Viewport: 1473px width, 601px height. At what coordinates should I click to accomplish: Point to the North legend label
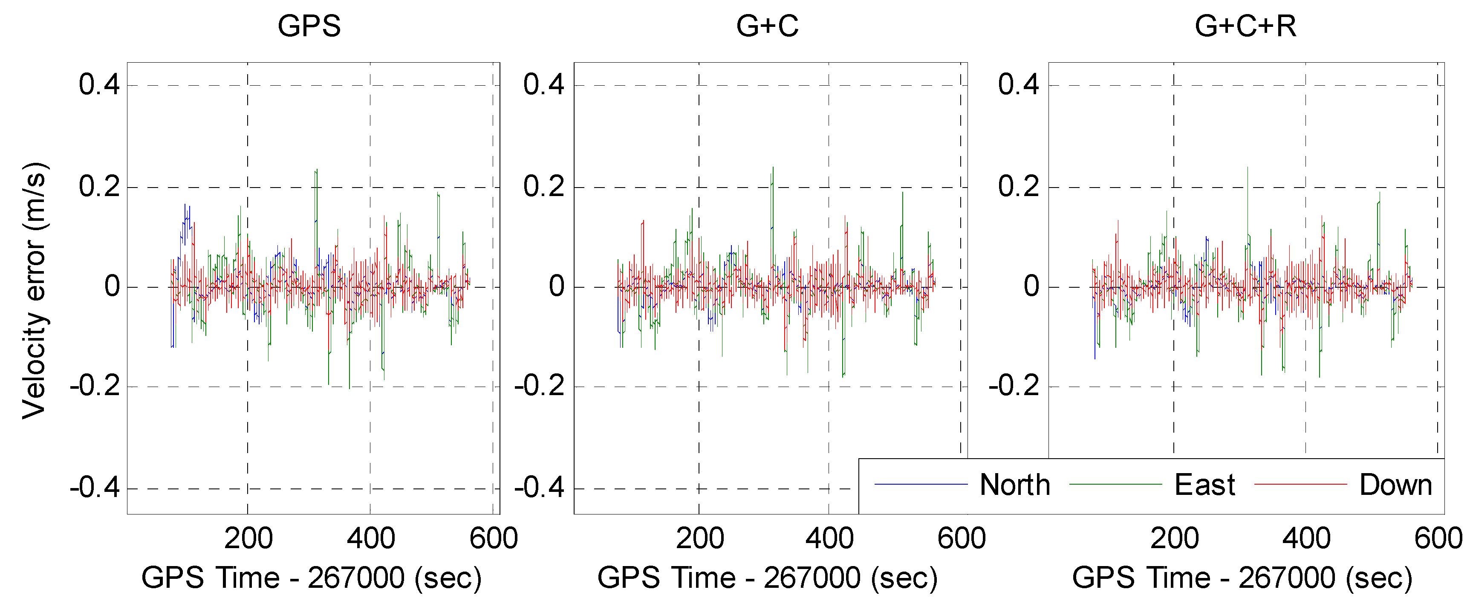coord(1014,485)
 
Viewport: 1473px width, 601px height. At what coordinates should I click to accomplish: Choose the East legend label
coord(1204,485)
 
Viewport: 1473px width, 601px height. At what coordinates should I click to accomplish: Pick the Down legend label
coord(1395,485)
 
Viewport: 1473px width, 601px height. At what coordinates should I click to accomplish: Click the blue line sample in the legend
coord(921,484)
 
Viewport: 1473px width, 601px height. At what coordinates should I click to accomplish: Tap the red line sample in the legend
coord(1300,484)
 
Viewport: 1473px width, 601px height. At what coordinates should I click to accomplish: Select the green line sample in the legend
coord(1115,484)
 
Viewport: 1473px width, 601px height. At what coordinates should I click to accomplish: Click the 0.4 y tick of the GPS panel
coord(99,85)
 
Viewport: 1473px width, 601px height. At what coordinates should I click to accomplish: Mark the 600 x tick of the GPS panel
coord(493,539)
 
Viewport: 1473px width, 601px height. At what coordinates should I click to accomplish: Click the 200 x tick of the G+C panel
coord(699,539)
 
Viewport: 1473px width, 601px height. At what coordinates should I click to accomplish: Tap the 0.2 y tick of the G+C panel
coord(543,187)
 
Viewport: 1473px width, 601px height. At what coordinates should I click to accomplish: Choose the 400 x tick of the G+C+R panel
coord(1306,539)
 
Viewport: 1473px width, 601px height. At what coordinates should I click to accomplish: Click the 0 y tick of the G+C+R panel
coord(1031,286)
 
